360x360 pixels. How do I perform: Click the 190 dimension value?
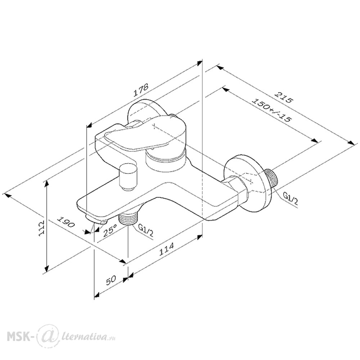[66, 222]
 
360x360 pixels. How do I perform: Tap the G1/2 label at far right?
[291, 199]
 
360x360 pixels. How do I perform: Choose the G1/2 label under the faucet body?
[145, 230]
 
